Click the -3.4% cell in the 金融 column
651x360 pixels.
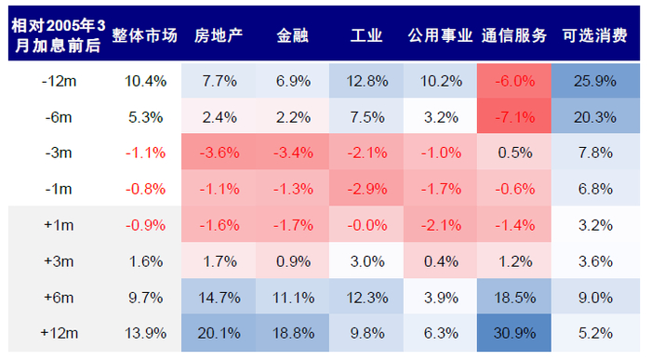[x=292, y=153]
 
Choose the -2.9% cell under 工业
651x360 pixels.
[x=366, y=189]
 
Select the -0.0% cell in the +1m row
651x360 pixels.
[x=366, y=225]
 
